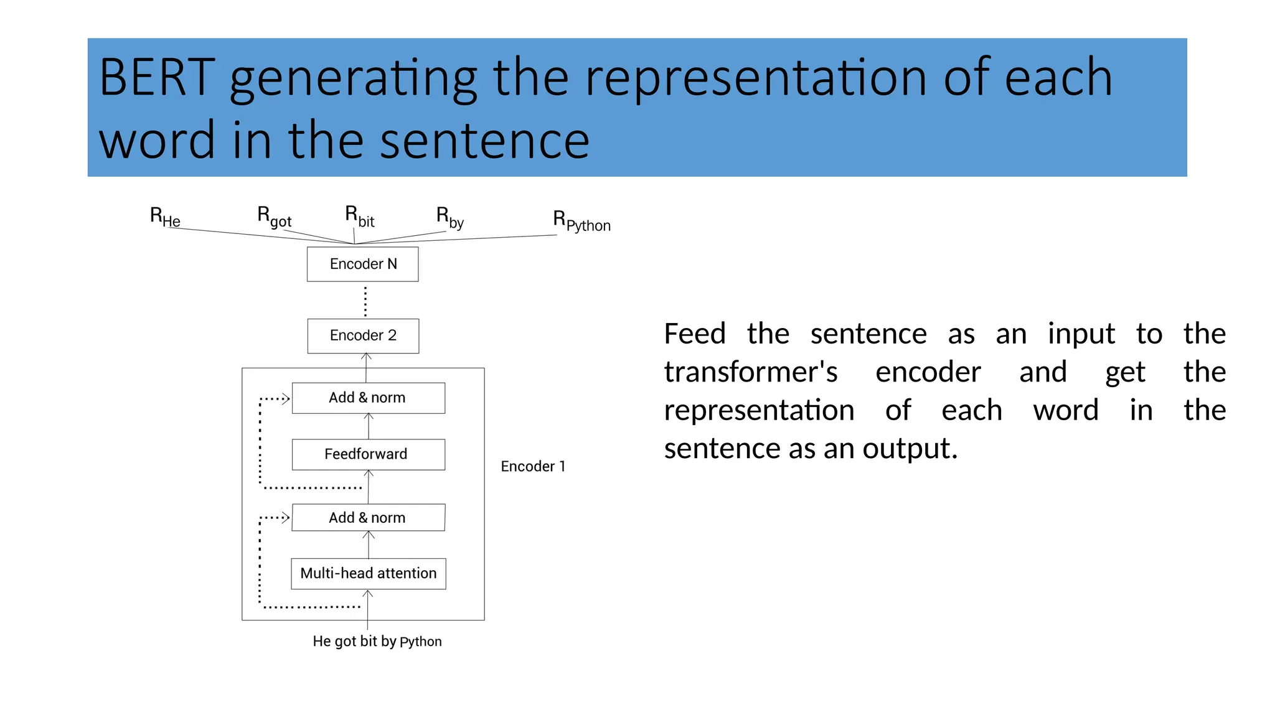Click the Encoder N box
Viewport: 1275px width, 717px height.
(362, 264)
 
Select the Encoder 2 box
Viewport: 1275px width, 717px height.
(363, 335)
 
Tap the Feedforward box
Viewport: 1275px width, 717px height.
(368, 454)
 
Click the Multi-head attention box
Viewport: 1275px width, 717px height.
(368, 573)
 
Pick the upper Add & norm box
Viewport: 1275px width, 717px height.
(368, 398)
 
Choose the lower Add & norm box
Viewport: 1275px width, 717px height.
(368, 518)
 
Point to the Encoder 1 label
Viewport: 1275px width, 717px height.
(533, 466)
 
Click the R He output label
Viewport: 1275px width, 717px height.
(165, 217)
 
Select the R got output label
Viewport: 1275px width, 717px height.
(274, 217)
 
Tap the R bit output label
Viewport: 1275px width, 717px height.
(360, 217)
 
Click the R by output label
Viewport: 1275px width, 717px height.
(449, 217)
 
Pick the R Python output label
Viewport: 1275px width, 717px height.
(581, 221)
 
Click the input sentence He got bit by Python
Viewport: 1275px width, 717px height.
(377, 641)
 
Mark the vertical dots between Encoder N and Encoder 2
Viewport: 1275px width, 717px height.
(365, 301)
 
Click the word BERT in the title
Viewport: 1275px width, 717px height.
(157, 78)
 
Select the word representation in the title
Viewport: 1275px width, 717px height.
(756, 78)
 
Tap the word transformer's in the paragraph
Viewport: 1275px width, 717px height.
(750, 372)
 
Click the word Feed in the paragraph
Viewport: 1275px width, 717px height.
(694, 334)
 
